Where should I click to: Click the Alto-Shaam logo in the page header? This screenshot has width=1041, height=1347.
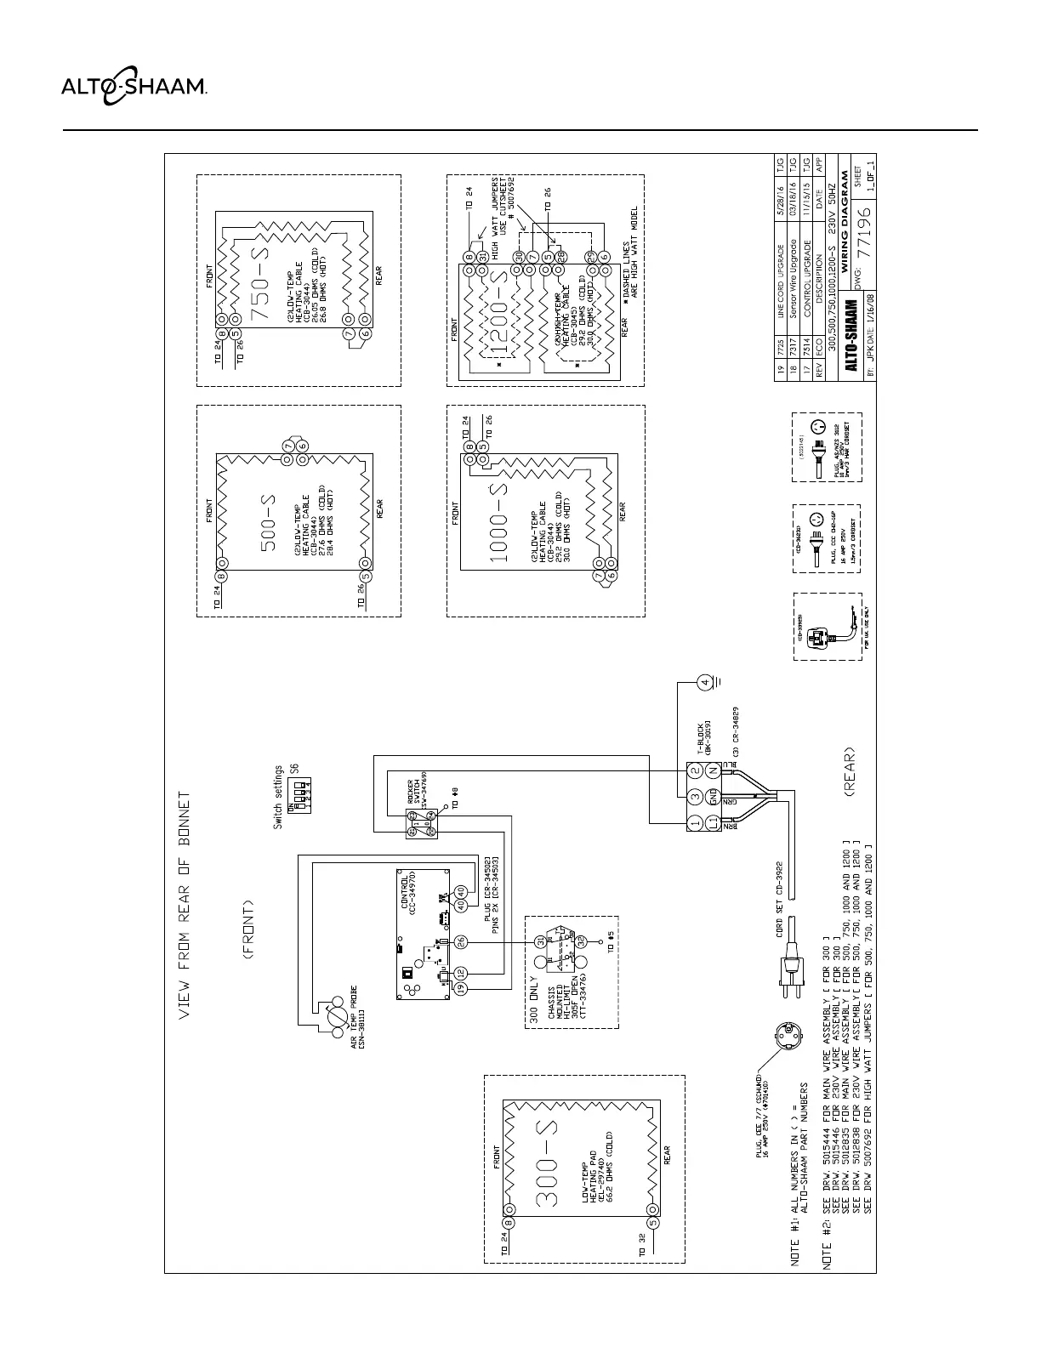coord(133,85)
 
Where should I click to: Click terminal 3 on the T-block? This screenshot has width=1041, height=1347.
coord(695,796)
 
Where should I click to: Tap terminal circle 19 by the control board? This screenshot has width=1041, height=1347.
coord(461,990)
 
